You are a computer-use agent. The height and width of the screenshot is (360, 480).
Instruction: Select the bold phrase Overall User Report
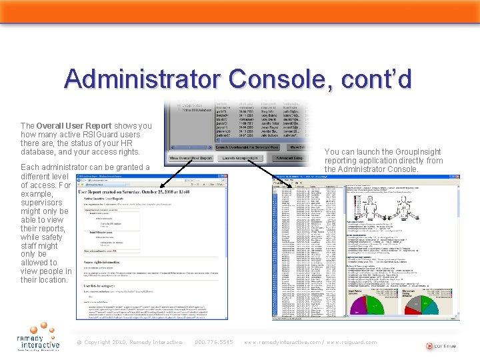click(74, 125)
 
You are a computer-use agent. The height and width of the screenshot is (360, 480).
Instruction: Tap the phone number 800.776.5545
click(214, 343)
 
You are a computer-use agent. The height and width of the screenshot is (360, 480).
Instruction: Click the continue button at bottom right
click(440, 346)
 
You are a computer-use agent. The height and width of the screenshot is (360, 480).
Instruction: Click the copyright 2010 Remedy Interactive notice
click(129, 343)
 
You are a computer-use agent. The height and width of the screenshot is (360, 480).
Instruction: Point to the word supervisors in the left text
click(41, 203)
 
